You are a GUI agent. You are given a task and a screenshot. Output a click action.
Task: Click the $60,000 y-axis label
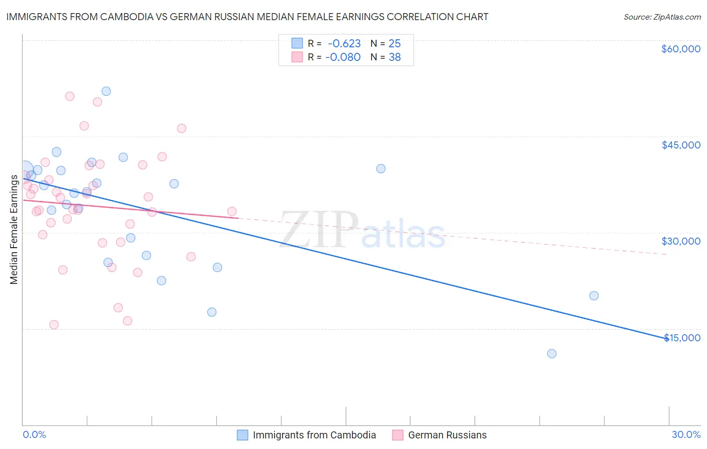[x=680, y=49]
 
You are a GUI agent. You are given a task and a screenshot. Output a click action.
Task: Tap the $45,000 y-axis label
[x=680, y=145]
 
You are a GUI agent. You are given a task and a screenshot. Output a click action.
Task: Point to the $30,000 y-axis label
[x=680, y=241]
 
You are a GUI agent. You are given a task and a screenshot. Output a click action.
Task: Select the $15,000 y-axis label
[x=682, y=338]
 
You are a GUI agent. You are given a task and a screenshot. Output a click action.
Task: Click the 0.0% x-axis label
[x=34, y=434]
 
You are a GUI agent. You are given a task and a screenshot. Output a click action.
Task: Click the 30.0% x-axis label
[x=686, y=434]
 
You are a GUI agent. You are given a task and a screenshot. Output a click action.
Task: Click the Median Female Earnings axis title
[x=14, y=230]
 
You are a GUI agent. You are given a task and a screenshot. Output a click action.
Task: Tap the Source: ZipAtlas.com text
[x=662, y=17]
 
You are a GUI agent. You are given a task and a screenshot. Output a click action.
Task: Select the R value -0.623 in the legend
[x=344, y=44]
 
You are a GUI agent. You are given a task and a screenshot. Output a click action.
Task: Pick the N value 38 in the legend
[x=395, y=57]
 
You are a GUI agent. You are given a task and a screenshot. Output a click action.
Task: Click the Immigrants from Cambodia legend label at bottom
[x=314, y=435]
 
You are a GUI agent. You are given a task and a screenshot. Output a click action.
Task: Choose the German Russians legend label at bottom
[x=447, y=435]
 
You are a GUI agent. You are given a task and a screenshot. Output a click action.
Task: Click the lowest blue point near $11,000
[x=552, y=353]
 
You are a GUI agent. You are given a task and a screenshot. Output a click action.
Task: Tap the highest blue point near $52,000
[x=106, y=91]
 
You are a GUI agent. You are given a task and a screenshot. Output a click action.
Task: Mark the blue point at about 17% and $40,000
[x=381, y=169]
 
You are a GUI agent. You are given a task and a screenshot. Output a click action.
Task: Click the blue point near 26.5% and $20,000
[x=594, y=295]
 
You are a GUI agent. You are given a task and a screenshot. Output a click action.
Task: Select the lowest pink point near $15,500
[x=54, y=325]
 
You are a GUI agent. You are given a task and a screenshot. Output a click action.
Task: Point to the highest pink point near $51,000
[x=70, y=96]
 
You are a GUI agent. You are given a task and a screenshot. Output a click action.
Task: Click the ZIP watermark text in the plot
[x=319, y=230]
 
